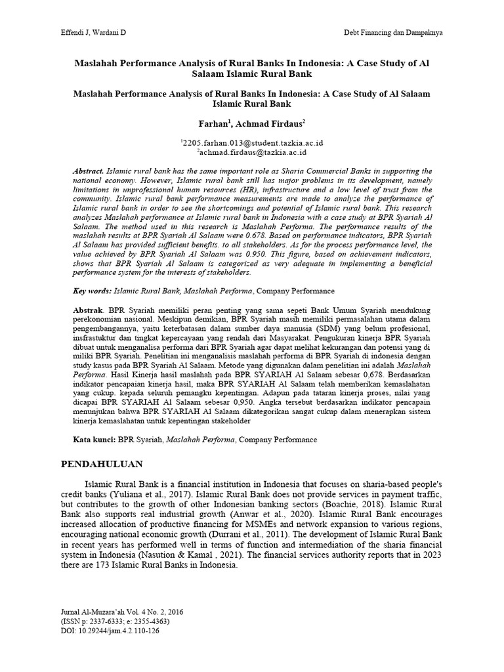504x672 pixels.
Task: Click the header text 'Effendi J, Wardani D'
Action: [x=83, y=31]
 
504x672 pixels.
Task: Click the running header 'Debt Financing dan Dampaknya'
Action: [x=396, y=31]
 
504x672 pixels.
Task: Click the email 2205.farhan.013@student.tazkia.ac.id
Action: [x=252, y=142]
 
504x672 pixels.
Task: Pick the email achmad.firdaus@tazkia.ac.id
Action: [x=253, y=152]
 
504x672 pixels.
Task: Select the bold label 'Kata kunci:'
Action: [x=93, y=440]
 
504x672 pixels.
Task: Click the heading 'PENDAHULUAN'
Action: [x=102, y=464]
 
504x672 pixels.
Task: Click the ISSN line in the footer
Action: [x=115, y=621]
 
